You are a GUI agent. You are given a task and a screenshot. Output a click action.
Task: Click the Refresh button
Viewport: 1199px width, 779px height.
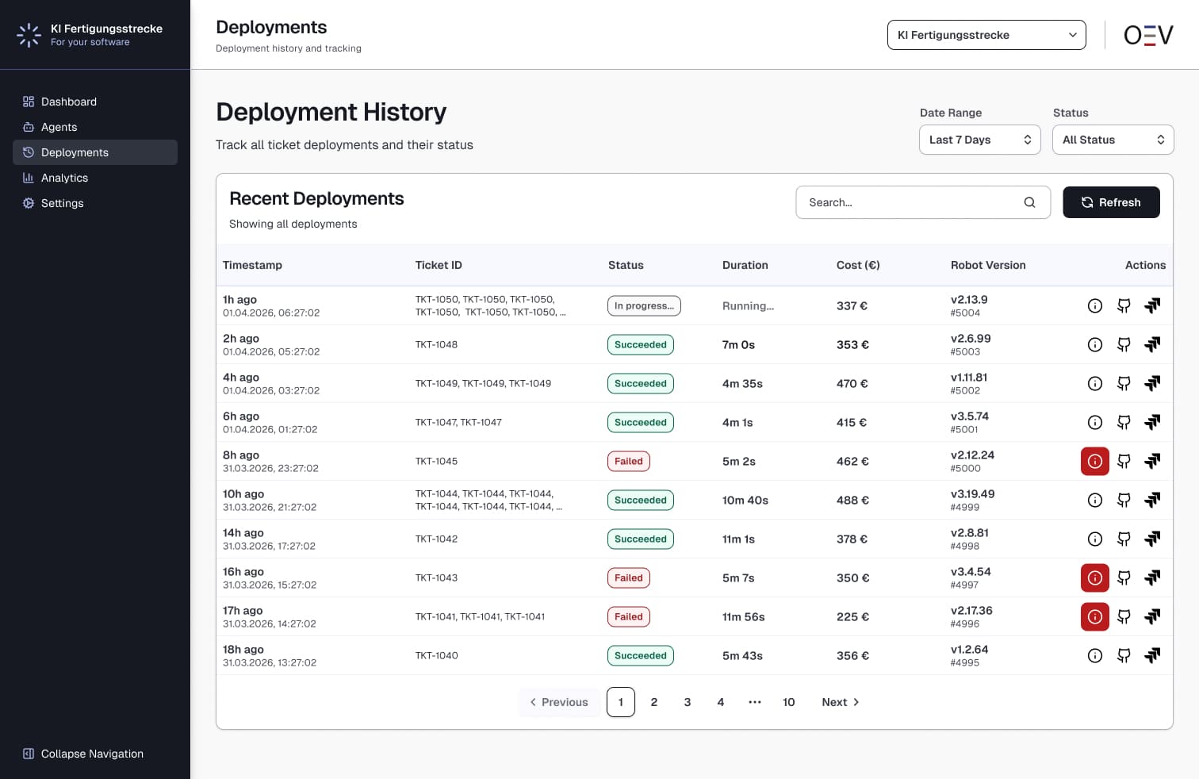click(x=1110, y=202)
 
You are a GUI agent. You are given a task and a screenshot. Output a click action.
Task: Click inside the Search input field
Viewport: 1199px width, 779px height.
click(x=912, y=202)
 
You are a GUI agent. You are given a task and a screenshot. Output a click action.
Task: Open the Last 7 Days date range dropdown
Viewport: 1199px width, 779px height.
click(x=979, y=140)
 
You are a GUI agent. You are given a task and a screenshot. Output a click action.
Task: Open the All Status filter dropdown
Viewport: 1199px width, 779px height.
click(x=1113, y=140)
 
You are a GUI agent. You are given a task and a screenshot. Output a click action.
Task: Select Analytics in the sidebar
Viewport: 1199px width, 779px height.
click(x=64, y=178)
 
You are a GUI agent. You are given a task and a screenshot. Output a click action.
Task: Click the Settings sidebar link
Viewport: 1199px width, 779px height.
click(x=62, y=203)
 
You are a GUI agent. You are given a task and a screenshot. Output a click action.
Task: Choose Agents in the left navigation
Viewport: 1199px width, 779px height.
click(x=59, y=127)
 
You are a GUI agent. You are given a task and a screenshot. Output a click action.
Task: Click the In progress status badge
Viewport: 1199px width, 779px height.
click(x=644, y=305)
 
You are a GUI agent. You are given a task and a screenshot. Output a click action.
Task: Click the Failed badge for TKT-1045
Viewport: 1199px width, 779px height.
click(x=628, y=461)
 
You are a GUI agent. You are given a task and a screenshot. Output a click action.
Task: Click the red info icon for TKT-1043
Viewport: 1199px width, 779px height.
click(x=1094, y=578)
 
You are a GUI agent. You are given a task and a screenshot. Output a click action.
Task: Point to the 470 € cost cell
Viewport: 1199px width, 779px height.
click(x=852, y=383)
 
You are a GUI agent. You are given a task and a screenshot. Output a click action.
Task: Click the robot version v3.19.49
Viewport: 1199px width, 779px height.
click(x=972, y=493)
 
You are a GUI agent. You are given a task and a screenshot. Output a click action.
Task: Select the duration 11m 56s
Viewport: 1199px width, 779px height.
click(x=743, y=616)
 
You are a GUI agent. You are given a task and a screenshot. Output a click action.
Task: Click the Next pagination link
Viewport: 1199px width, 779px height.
click(x=840, y=702)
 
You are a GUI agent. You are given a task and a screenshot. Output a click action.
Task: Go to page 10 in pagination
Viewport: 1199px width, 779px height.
click(x=788, y=702)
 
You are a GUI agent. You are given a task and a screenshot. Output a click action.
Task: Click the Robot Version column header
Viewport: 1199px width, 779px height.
click(x=988, y=265)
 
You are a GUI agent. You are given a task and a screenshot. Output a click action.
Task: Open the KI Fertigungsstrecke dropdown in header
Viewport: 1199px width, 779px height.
click(x=986, y=35)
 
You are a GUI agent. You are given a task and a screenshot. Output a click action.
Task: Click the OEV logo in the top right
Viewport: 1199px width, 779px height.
click(x=1147, y=35)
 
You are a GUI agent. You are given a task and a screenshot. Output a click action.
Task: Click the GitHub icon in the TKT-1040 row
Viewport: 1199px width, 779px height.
click(x=1124, y=655)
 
